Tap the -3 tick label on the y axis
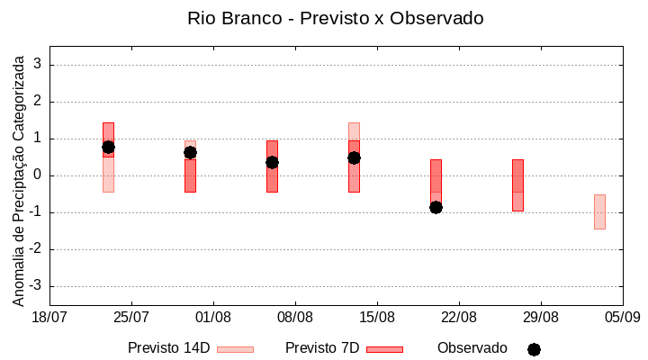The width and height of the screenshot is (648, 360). pyautogui.click(x=36, y=286)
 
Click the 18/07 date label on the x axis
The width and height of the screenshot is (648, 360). pyautogui.click(x=49, y=318)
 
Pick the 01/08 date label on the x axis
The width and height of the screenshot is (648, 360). pyautogui.click(x=213, y=318)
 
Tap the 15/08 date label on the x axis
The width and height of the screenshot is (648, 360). pyautogui.click(x=377, y=318)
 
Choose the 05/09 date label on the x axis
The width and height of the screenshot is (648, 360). pyautogui.click(x=622, y=318)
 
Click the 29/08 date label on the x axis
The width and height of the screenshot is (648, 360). pyautogui.click(x=540, y=318)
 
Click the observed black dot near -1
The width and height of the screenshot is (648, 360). pyautogui.click(x=436, y=207)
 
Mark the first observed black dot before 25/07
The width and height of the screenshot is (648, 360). pyautogui.click(x=108, y=147)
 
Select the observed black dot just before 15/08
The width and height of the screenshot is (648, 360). pyautogui.click(x=354, y=157)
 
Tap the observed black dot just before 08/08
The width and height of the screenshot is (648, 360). pyautogui.click(x=272, y=162)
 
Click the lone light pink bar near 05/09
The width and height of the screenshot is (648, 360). pyautogui.click(x=599, y=211)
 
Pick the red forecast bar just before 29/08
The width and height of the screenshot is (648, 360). pyautogui.click(x=517, y=184)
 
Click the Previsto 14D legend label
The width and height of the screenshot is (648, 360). pyautogui.click(x=168, y=347)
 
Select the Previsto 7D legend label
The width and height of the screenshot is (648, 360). pyautogui.click(x=322, y=347)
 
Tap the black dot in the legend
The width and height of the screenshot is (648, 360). pyautogui.click(x=534, y=349)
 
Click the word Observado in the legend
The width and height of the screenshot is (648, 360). pyautogui.click(x=472, y=347)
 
